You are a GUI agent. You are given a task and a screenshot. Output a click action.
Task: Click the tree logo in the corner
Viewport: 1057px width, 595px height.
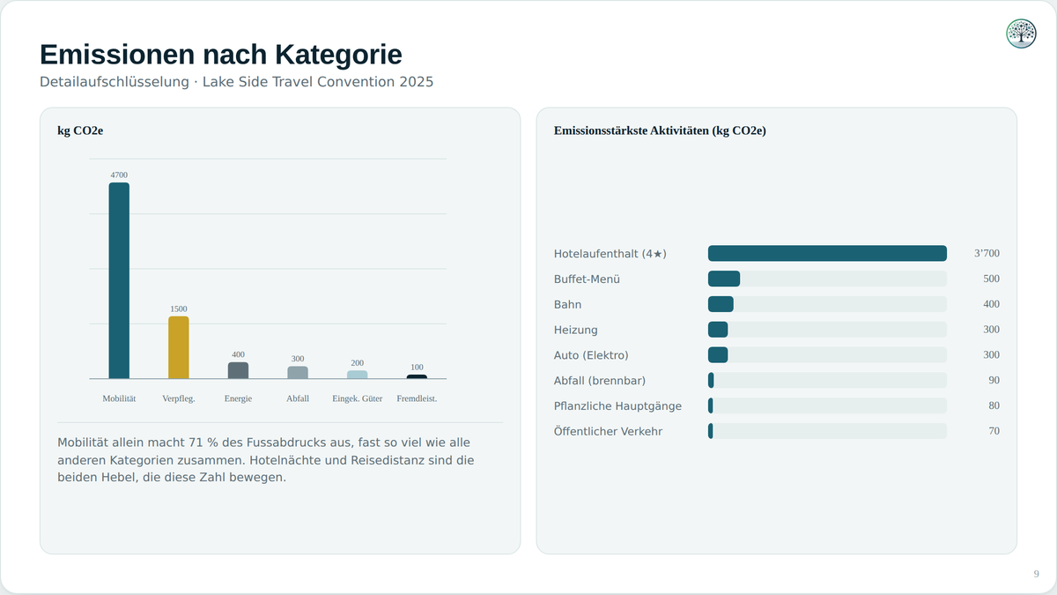click(1021, 33)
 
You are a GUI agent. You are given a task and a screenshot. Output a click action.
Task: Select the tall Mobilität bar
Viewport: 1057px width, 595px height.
click(119, 280)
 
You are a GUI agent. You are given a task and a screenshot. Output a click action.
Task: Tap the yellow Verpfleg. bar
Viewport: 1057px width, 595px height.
click(178, 347)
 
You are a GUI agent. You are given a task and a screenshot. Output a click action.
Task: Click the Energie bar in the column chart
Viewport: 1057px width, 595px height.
click(239, 370)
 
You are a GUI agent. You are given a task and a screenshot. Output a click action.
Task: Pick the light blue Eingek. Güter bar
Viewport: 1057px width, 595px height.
click(358, 375)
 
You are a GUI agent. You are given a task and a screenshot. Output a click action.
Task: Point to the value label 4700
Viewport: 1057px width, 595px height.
click(119, 175)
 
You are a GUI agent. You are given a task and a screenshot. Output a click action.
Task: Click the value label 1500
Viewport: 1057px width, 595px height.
click(178, 309)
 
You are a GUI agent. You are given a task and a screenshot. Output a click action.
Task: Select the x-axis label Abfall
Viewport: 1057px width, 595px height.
click(298, 398)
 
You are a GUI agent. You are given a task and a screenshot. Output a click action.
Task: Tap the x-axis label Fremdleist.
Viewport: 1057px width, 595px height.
click(417, 398)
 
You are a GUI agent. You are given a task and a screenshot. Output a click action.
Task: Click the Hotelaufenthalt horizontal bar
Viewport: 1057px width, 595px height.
click(827, 253)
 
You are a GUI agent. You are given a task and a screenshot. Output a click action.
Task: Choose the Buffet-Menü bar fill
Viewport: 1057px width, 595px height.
click(724, 279)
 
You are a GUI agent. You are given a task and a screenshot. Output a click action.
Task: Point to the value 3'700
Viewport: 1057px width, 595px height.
click(987, 253)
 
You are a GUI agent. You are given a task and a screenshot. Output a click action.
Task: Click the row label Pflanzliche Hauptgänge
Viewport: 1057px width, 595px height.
click(617, 406)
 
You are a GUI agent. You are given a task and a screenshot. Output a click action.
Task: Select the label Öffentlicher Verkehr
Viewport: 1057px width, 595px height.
click(608, 431)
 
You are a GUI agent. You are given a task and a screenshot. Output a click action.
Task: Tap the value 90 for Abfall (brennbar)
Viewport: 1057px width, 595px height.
click(994, 380)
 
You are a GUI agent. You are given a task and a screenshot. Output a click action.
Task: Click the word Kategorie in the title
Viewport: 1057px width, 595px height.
click(338, 55)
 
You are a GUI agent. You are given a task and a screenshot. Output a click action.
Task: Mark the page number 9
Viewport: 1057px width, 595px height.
click(1036, 574)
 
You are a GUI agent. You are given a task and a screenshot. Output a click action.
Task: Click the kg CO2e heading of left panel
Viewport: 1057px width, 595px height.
click(80, 130)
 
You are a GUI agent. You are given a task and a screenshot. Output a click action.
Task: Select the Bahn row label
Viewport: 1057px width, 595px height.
click(567, 305)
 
